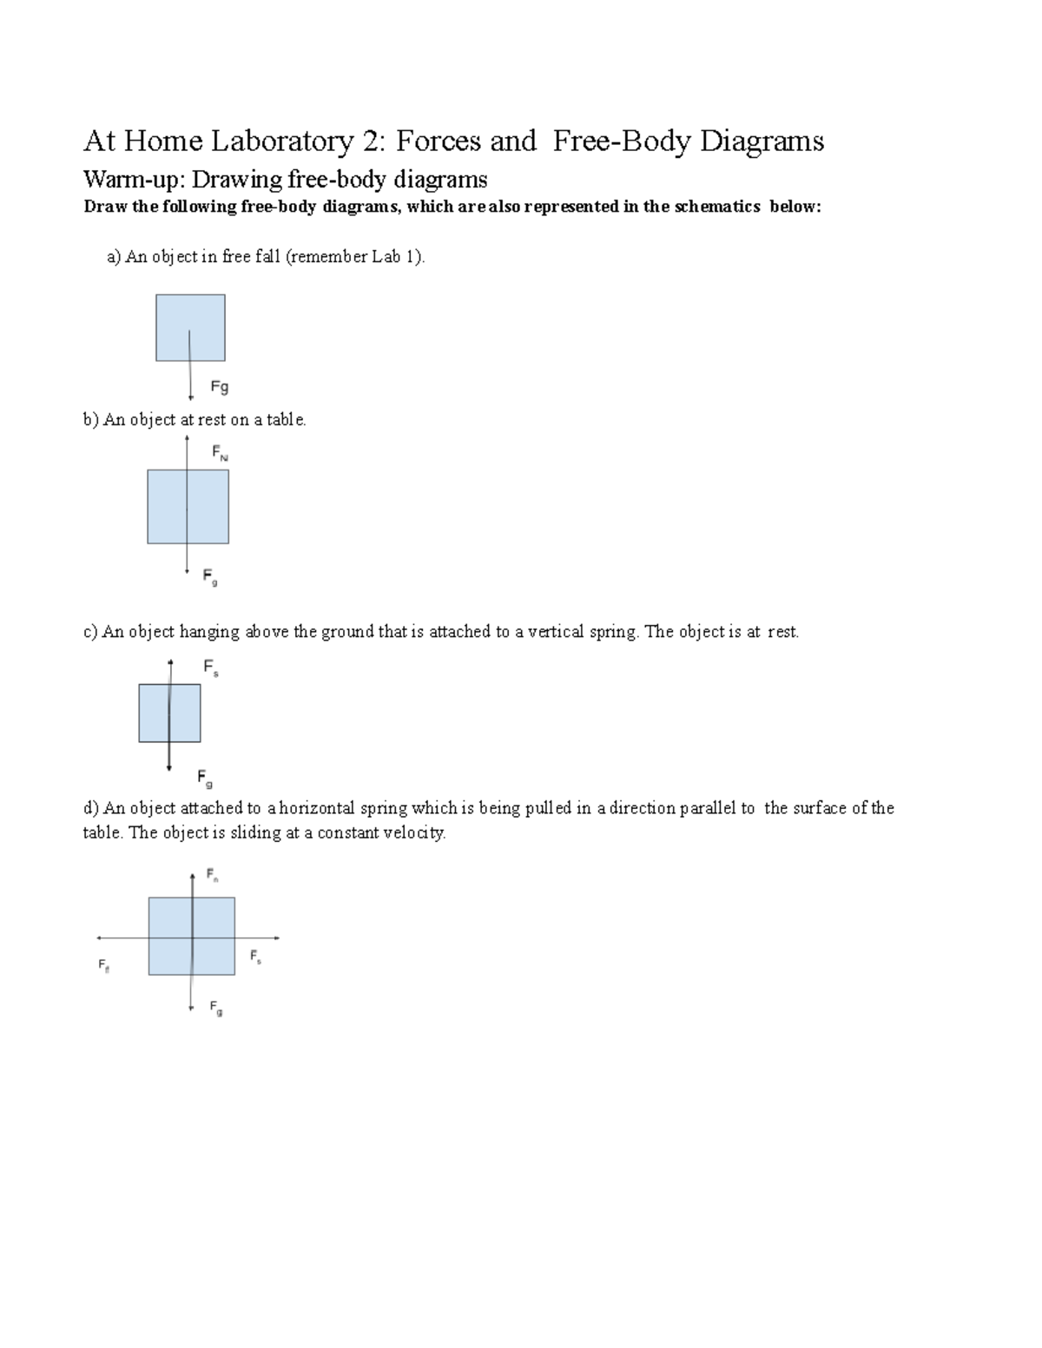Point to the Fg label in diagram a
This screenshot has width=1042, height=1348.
220,387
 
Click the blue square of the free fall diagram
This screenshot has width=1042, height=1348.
190,327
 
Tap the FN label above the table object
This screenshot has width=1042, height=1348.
220,453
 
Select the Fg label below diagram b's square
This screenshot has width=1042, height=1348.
210,576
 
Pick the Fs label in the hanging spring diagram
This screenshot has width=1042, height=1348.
211,667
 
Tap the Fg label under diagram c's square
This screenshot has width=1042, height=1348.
205,778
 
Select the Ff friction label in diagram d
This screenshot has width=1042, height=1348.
103,965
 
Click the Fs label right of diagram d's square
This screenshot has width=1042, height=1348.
255,957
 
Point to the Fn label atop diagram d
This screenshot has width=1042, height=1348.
212,874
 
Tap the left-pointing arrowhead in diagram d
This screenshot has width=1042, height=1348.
99,937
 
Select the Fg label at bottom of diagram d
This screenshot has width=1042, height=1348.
216,1008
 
